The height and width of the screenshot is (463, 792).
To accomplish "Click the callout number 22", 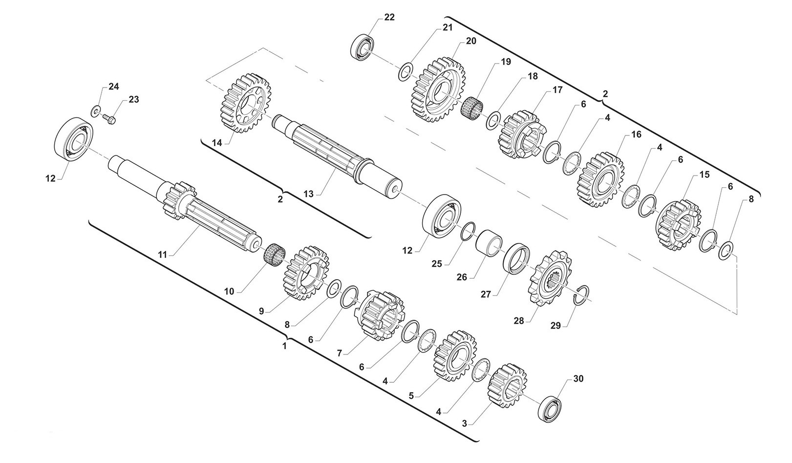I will coord(389,17).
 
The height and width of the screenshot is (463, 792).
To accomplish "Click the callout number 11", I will coord(162,254).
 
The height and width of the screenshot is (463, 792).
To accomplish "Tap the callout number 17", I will coord(557,90).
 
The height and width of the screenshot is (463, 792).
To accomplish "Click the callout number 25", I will coord(436,264).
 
